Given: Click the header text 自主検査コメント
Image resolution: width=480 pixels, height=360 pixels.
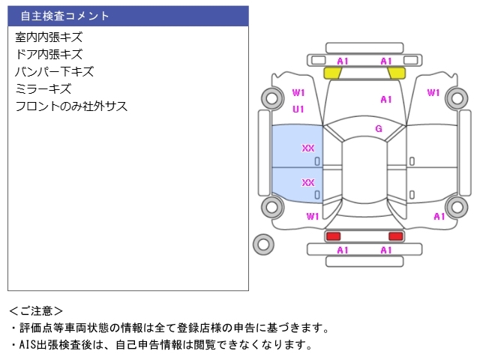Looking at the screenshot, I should pyautogui.click(x=64, y=16).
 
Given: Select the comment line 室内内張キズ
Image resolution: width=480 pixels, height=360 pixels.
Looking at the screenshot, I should pyautogui.click(x=49, y=37).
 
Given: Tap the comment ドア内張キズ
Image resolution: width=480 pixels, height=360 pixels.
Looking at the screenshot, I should pyautogui.click(x=49, y=54).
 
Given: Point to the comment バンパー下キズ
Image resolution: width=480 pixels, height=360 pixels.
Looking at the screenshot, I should pyautogui.click(x=54, y=72).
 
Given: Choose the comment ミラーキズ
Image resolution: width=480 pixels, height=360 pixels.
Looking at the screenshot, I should pyautogui.click(x=43, y=89).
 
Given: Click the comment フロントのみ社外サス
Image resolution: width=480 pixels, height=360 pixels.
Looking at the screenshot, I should pyautogui.click(x=71, y=106).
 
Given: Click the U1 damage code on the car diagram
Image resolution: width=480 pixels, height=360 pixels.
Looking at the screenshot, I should pyautogui.click(x=298, y=109).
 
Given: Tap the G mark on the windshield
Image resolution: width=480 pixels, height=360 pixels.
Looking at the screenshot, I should pyautogui.click(x=379, y=129).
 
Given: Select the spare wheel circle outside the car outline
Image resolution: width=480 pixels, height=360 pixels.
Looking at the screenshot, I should pyautogui.click(x=264, y=243).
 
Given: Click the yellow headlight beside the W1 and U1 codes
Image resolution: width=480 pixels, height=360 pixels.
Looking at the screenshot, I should pyautogui.click(x=332, y=73).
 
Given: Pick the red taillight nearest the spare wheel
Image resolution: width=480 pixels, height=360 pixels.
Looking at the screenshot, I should pyautogui.click(x=332, y=236).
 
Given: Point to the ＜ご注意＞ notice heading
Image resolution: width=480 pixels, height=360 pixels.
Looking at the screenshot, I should pyautogui.click(x=36, y=310).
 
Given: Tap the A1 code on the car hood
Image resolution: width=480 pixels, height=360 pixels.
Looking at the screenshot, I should pyautogui.click(x=386, y=99).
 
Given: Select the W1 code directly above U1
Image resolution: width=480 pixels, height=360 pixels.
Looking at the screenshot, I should pyautogui.click(x=298, y=93).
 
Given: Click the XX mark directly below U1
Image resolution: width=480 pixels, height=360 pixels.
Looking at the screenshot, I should pyautogui.click(x=308, y=148).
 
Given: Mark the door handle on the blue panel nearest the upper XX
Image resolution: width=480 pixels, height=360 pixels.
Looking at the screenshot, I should pyautogui.click(x=316, y=161).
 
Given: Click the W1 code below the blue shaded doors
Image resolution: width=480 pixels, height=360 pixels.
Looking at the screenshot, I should pyautogui.click(x=313, y=217).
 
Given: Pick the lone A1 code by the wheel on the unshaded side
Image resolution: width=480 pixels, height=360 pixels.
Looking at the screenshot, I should pyautogui.click(x=439, y=217).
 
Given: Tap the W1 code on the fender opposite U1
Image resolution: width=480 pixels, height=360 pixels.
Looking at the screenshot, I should pyautogui.click(x=433, y=93).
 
